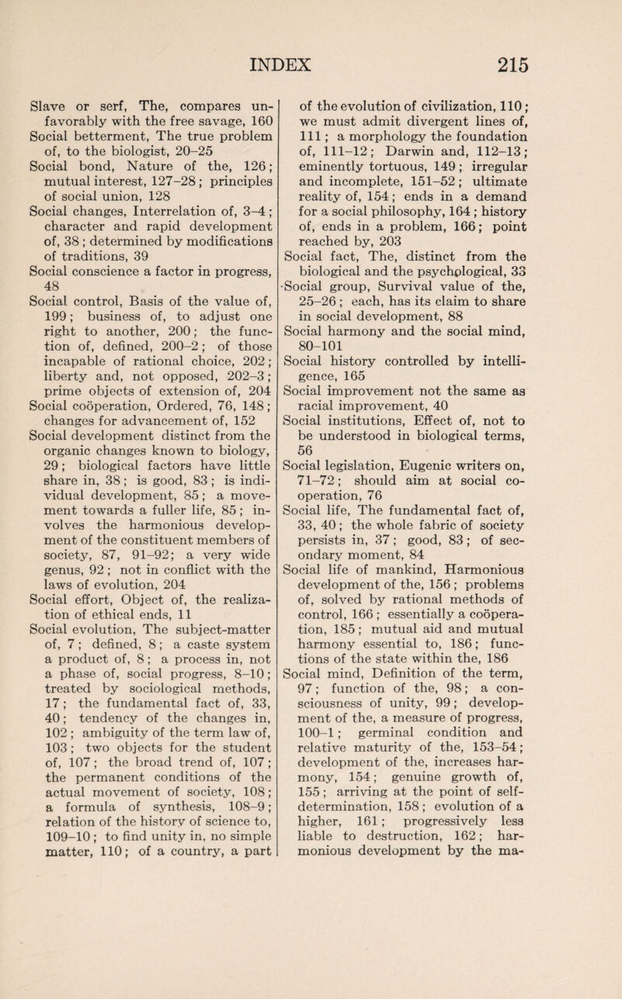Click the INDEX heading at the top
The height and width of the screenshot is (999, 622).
click(310, 37)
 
